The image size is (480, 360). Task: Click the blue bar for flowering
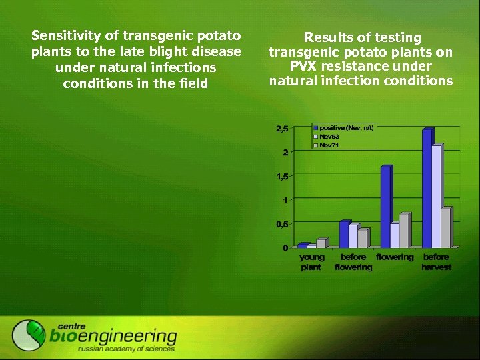pyautogui.click(x=385, y=207)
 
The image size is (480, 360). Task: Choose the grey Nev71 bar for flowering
pyautogui.click(x=404, y=230)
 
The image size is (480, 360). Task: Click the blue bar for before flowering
pyautogui.click(x=344, y=234)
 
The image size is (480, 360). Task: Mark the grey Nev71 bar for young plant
pyautogui.click(x=321, y=243)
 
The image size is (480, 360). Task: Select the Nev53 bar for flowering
pyautogui.click(x=395, y=235)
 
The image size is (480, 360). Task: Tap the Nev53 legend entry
pyautogui.click(x=329, y=136)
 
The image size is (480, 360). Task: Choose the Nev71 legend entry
pyautogui.click(x=329, y=144)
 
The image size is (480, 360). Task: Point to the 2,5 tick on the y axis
pyautogui.click(x=281, y=129)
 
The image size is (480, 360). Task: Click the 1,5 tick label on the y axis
pyautogui.click(x=281, y=177)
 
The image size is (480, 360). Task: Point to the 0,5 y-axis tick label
pyautogui.click(x=281, y=225)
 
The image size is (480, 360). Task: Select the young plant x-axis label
pyautogui.click(x=311, y=262)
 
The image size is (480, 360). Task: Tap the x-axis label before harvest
pyautogui.click(x=436, y=262)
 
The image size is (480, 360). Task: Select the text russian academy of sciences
pyautogui.click(x=126, y=349)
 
